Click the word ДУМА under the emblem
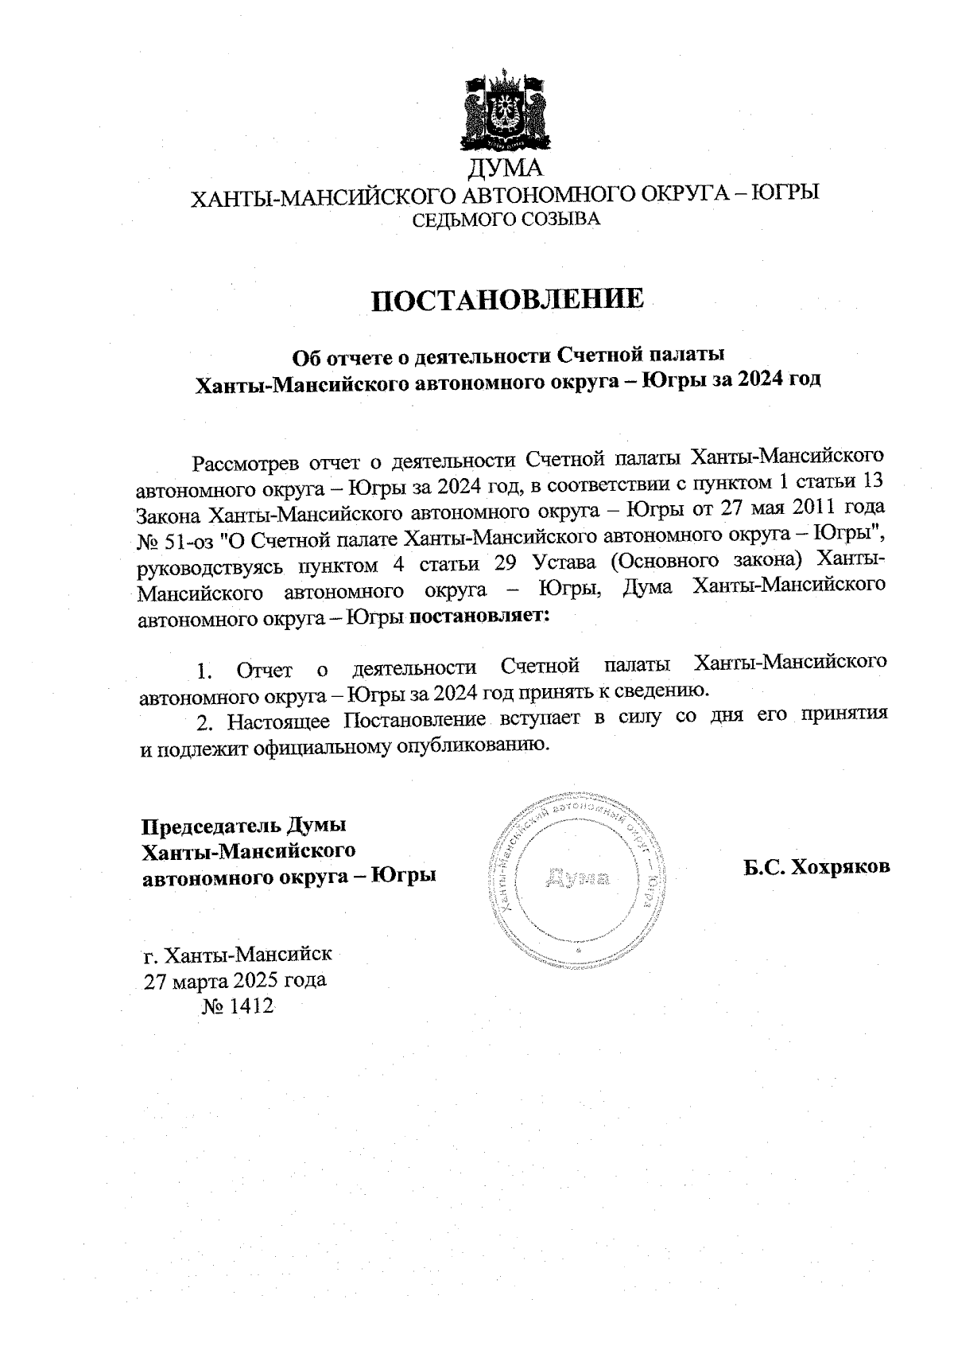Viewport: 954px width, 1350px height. coord(504,169)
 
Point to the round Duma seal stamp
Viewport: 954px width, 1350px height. coord(578,879)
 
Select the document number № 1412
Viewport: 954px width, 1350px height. coord(238,1007)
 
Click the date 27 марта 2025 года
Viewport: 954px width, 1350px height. coord(235,980)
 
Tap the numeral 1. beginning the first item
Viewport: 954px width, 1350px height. coord(204,671)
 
